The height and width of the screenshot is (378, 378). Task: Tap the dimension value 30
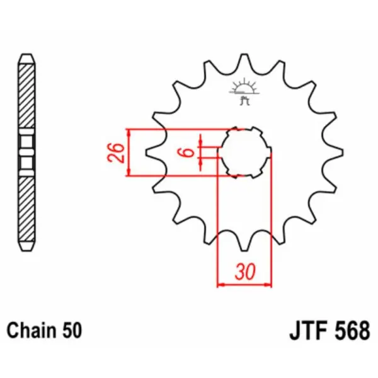click(244, 272)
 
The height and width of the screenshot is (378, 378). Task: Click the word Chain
click(31, 329)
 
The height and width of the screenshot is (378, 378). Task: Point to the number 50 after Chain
click(71, 329)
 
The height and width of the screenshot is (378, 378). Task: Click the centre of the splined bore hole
click(244, 152)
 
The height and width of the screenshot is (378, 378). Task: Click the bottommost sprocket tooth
click(244, 247)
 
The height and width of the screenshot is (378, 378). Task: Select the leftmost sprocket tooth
click(149, 152)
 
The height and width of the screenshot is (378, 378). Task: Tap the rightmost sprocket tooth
click(339, 152)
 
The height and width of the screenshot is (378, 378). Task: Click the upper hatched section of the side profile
click(26, 94)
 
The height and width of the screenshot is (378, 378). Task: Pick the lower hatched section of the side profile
click(26, 208)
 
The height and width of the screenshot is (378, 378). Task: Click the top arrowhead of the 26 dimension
click(129, 133)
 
